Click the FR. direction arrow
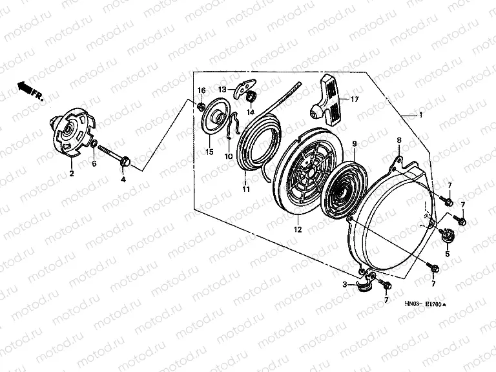point(30,90)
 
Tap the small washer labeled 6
point(94,144)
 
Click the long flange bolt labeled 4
point(113,154)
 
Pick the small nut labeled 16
point(200,107)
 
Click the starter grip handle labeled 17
point(326,99)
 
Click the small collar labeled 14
point(251,96)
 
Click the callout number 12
point(298,230)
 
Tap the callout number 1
point(420,116)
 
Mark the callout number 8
point(399,140)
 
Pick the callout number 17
point(355,99)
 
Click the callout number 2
point(72,174)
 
